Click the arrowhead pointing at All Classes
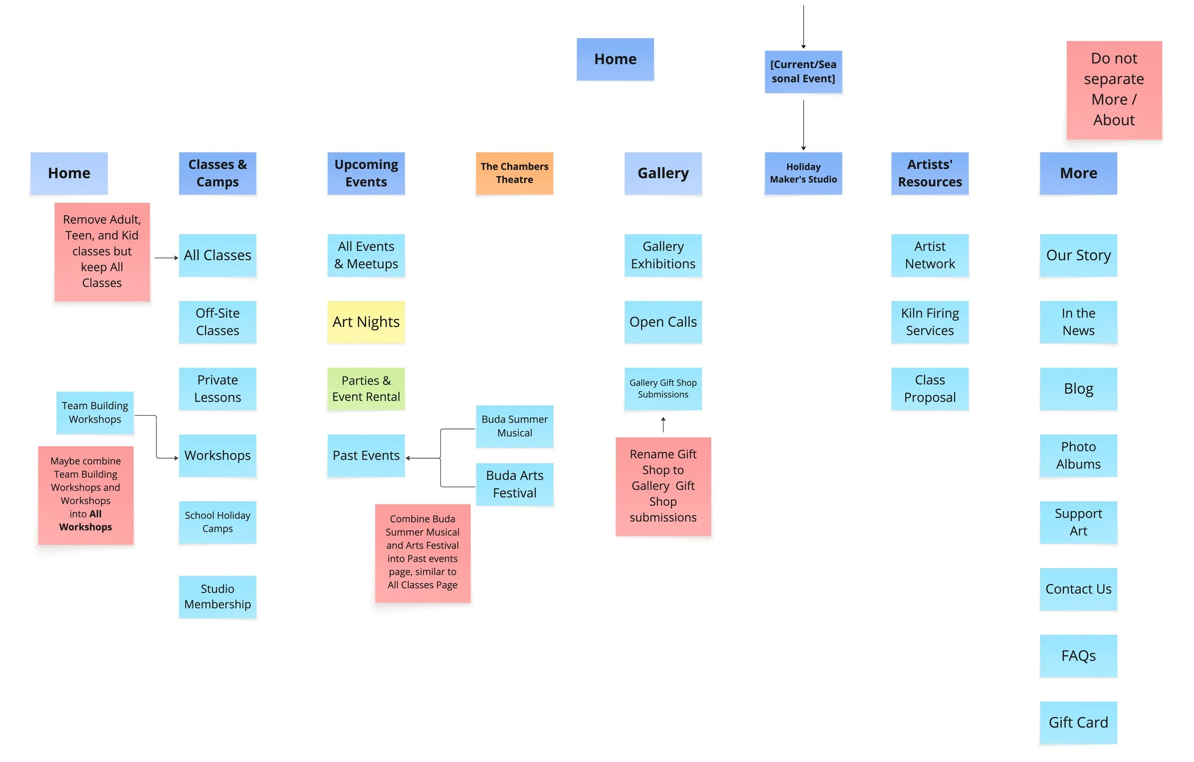coord(176,258)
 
